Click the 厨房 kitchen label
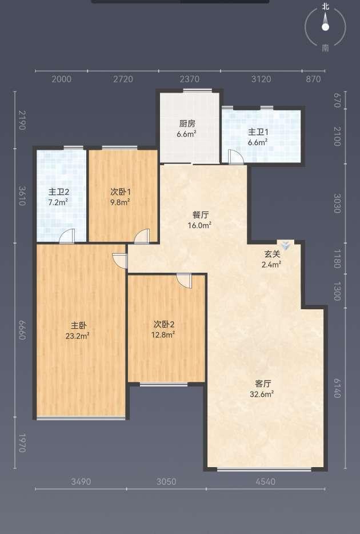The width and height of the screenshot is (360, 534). tap(187, 123)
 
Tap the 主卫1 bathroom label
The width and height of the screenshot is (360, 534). tap(258, 132)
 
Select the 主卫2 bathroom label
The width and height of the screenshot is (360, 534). tap(58, 192)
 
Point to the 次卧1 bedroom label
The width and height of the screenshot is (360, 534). tap(121, 192)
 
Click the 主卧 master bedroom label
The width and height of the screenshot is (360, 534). tap(78, 325)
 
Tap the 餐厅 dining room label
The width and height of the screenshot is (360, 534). tap(200, 215)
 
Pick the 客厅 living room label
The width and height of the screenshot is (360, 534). tap(263, 384)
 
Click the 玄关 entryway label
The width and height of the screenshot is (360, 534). tap(272, 254)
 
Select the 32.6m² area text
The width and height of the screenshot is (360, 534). tap(262, 394)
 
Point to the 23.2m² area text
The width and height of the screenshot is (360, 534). tap(78, 336)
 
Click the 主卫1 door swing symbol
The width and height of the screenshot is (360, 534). tap(235, 157)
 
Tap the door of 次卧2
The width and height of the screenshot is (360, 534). tap(185, 281)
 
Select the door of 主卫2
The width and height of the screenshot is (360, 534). tap(67, 236)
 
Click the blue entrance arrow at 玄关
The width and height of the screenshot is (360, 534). tap(286, 246)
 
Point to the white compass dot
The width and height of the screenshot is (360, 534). tap(325, 27)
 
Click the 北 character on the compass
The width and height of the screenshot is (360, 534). tap(326, 7)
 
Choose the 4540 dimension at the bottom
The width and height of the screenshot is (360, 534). tap(265, 481)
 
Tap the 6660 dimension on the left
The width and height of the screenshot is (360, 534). tap(22, 330)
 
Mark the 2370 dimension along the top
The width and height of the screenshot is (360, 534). tap(190, 79)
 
